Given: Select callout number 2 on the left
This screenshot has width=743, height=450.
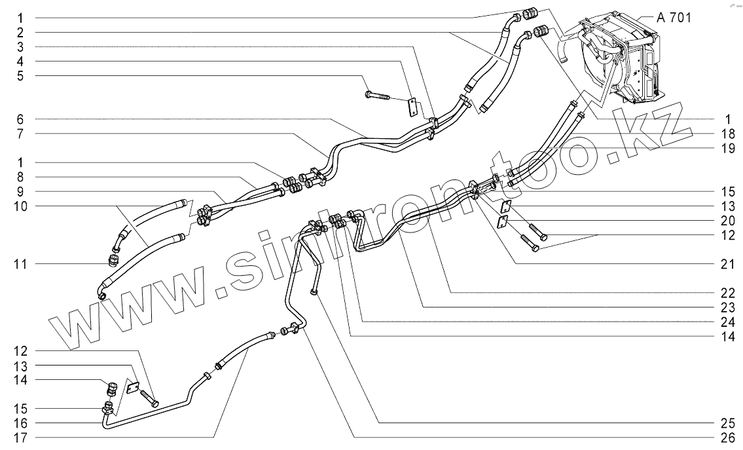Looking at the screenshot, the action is click(20, 31).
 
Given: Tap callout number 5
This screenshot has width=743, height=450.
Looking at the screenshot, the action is click(20, 75).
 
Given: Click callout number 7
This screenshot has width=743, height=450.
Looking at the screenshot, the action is click(20, 134).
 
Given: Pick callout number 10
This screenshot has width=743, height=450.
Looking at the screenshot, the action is click(20, 206).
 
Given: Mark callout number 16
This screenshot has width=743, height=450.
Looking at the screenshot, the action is click(20, 422).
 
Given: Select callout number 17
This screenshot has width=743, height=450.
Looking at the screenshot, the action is click(20, 436).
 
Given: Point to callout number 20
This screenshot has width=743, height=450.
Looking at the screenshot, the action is click(720, 220).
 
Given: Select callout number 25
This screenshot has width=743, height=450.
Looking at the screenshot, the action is click(720, 422).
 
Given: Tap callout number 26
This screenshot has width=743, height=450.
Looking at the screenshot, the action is click(720, 436).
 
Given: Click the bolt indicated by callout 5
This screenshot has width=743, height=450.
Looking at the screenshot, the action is click(376, 97).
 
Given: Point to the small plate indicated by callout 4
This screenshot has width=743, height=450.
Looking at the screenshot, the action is click(413, 107).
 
